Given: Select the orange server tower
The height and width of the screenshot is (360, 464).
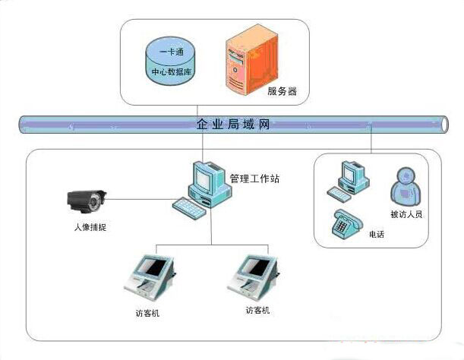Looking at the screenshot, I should [245, 64].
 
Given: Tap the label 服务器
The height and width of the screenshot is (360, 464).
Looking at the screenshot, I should [282, 93].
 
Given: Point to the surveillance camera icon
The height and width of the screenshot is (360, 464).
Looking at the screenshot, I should [87, 201].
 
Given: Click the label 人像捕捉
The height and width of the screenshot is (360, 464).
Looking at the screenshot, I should [89, 226].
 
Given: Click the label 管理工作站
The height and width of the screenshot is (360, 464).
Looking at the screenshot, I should [254, 178].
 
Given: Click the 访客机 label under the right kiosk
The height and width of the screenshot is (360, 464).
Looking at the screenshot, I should [257, 311].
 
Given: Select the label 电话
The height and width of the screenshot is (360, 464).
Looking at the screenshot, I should [376, 235].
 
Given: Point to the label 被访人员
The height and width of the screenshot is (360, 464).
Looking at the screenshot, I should [406, 214].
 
